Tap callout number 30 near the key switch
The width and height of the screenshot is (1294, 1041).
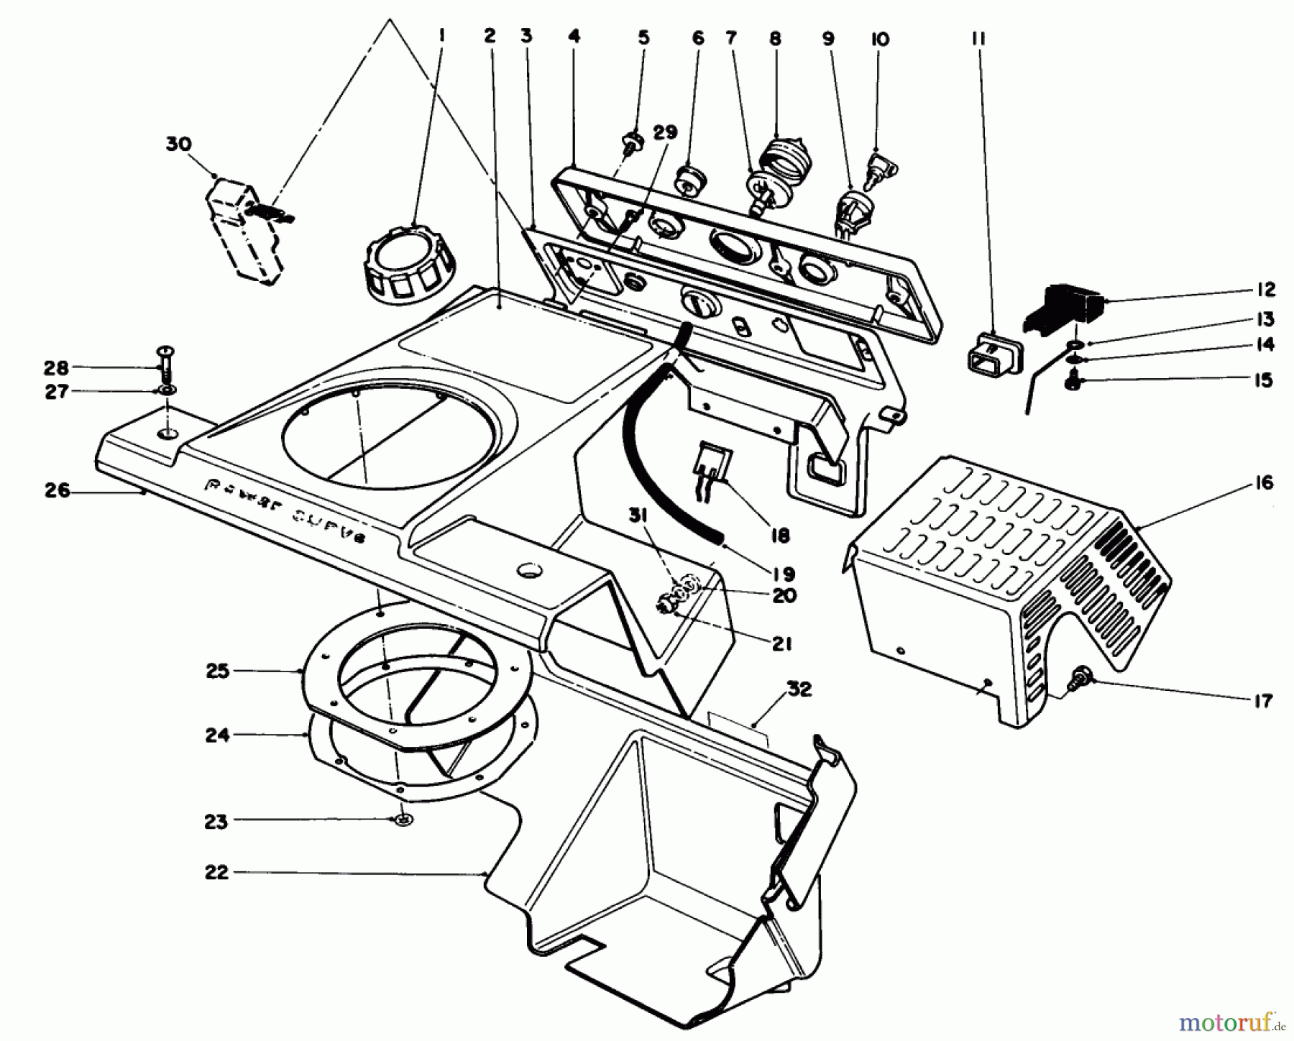[x=178, y=145]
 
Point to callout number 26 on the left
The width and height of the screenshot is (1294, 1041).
[x=58, y=491]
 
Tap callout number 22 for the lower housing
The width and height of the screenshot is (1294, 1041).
[x=216, y=873]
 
